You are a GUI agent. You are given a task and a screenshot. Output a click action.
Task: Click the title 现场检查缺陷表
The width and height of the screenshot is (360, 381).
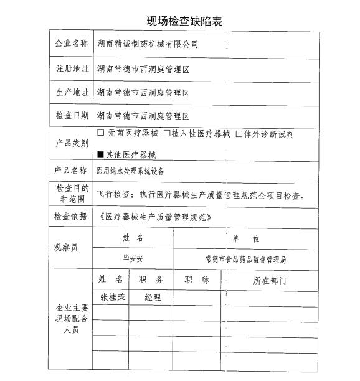184,21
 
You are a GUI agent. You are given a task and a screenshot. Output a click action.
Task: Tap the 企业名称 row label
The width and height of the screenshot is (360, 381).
71,44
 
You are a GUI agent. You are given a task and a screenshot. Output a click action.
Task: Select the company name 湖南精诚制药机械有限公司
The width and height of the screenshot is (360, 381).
148,45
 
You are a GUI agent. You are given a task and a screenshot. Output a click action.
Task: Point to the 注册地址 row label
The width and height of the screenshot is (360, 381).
71,68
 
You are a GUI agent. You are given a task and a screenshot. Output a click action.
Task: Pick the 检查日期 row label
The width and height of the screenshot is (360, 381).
71,116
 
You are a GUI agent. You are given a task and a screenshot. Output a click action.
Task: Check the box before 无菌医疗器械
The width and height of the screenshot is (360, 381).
101,133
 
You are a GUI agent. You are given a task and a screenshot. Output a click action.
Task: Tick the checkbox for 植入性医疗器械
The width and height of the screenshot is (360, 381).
167,133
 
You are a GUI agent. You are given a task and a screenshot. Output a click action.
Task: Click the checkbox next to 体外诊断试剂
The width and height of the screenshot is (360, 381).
239,133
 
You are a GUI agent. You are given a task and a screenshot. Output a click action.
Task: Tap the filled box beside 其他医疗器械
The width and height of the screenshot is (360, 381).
101,154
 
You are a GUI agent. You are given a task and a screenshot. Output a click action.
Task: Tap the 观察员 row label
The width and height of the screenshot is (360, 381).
67,247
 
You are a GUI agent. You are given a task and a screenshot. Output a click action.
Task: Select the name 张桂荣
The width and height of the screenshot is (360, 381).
112,298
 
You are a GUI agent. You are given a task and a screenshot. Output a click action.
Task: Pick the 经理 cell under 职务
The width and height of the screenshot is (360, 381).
153,298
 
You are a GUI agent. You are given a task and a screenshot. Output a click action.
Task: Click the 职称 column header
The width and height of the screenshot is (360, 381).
197,281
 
